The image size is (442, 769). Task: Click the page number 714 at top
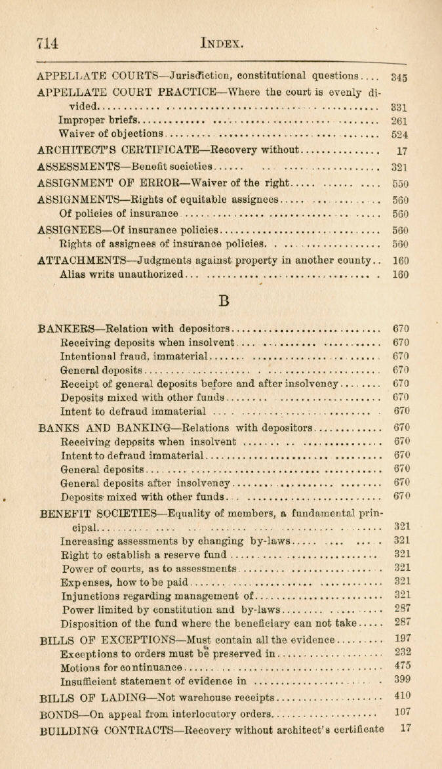tap(47, 43)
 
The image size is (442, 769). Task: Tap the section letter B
tap(223, 301)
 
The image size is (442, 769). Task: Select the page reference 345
tap(399, 77)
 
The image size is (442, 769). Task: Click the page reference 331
tap(399, 106)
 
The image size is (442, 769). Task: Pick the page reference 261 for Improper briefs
tap(399, 121)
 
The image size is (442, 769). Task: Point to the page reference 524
tap(399, 135)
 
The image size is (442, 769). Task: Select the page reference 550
tap(400, 184)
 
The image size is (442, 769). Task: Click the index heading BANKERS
tap(68, 329)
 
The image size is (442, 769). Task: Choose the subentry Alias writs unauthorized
tap(120, 274)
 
